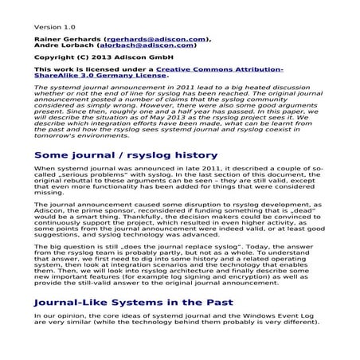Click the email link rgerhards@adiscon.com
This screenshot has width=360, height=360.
point(155,38)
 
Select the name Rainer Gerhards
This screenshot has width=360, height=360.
point(68,38)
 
